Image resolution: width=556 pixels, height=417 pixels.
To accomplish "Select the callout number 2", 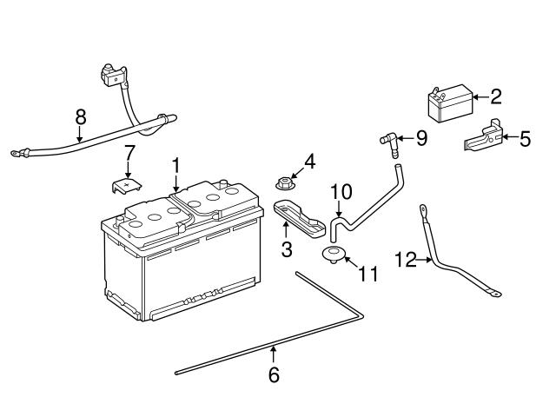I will coord(496,96).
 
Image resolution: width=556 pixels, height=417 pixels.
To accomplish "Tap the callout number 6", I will coord(274,375).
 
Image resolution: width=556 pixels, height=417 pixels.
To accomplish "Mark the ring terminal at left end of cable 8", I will coord(16,156).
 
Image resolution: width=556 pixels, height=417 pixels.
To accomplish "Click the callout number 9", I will coord(421,137).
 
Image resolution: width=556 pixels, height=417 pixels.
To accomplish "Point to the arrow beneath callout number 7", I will coord(128,170).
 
